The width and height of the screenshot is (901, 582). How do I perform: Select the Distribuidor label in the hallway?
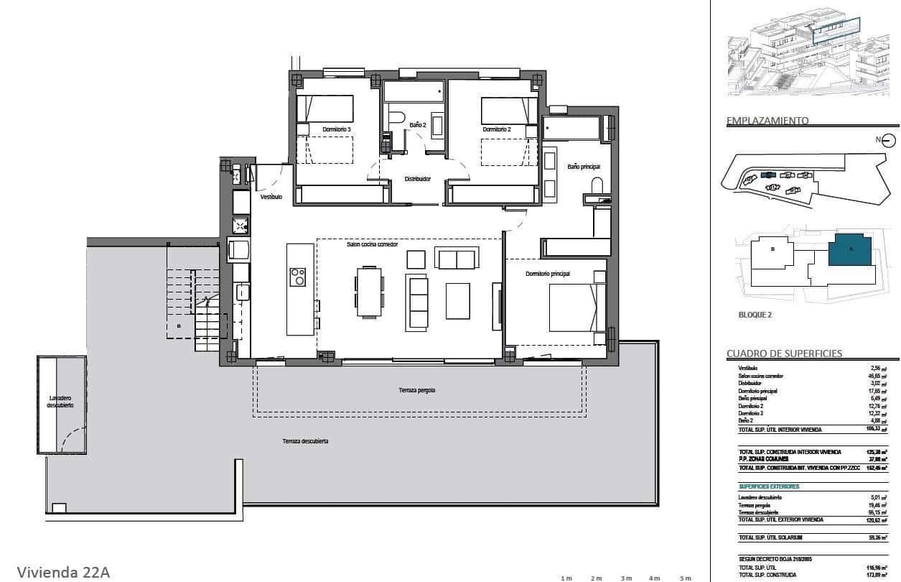[x=417, y=179]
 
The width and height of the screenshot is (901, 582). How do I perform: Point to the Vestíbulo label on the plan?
[x=271, y=196]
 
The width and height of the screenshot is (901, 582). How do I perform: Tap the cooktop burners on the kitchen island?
[x=297, y=277]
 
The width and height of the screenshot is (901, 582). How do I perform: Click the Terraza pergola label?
[x=417, y=390]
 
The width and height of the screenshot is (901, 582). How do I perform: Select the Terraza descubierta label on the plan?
[x=305, y=441]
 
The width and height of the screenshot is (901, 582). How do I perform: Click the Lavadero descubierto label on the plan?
[x=60, y=401]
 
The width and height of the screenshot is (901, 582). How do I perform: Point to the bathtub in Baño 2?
[x=414, y=91]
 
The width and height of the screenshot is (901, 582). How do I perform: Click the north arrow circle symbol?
[x=889, y=140]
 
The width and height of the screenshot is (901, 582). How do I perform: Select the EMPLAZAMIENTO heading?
[x=767, y=121]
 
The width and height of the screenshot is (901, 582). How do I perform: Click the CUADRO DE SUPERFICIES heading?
[x=784, y=354]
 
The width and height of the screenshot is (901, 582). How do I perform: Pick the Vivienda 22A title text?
[x=63, y=572]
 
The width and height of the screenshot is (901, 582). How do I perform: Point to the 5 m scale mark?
[x=686, y=578]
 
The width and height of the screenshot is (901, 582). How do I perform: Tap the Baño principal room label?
[x=584, y=167]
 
